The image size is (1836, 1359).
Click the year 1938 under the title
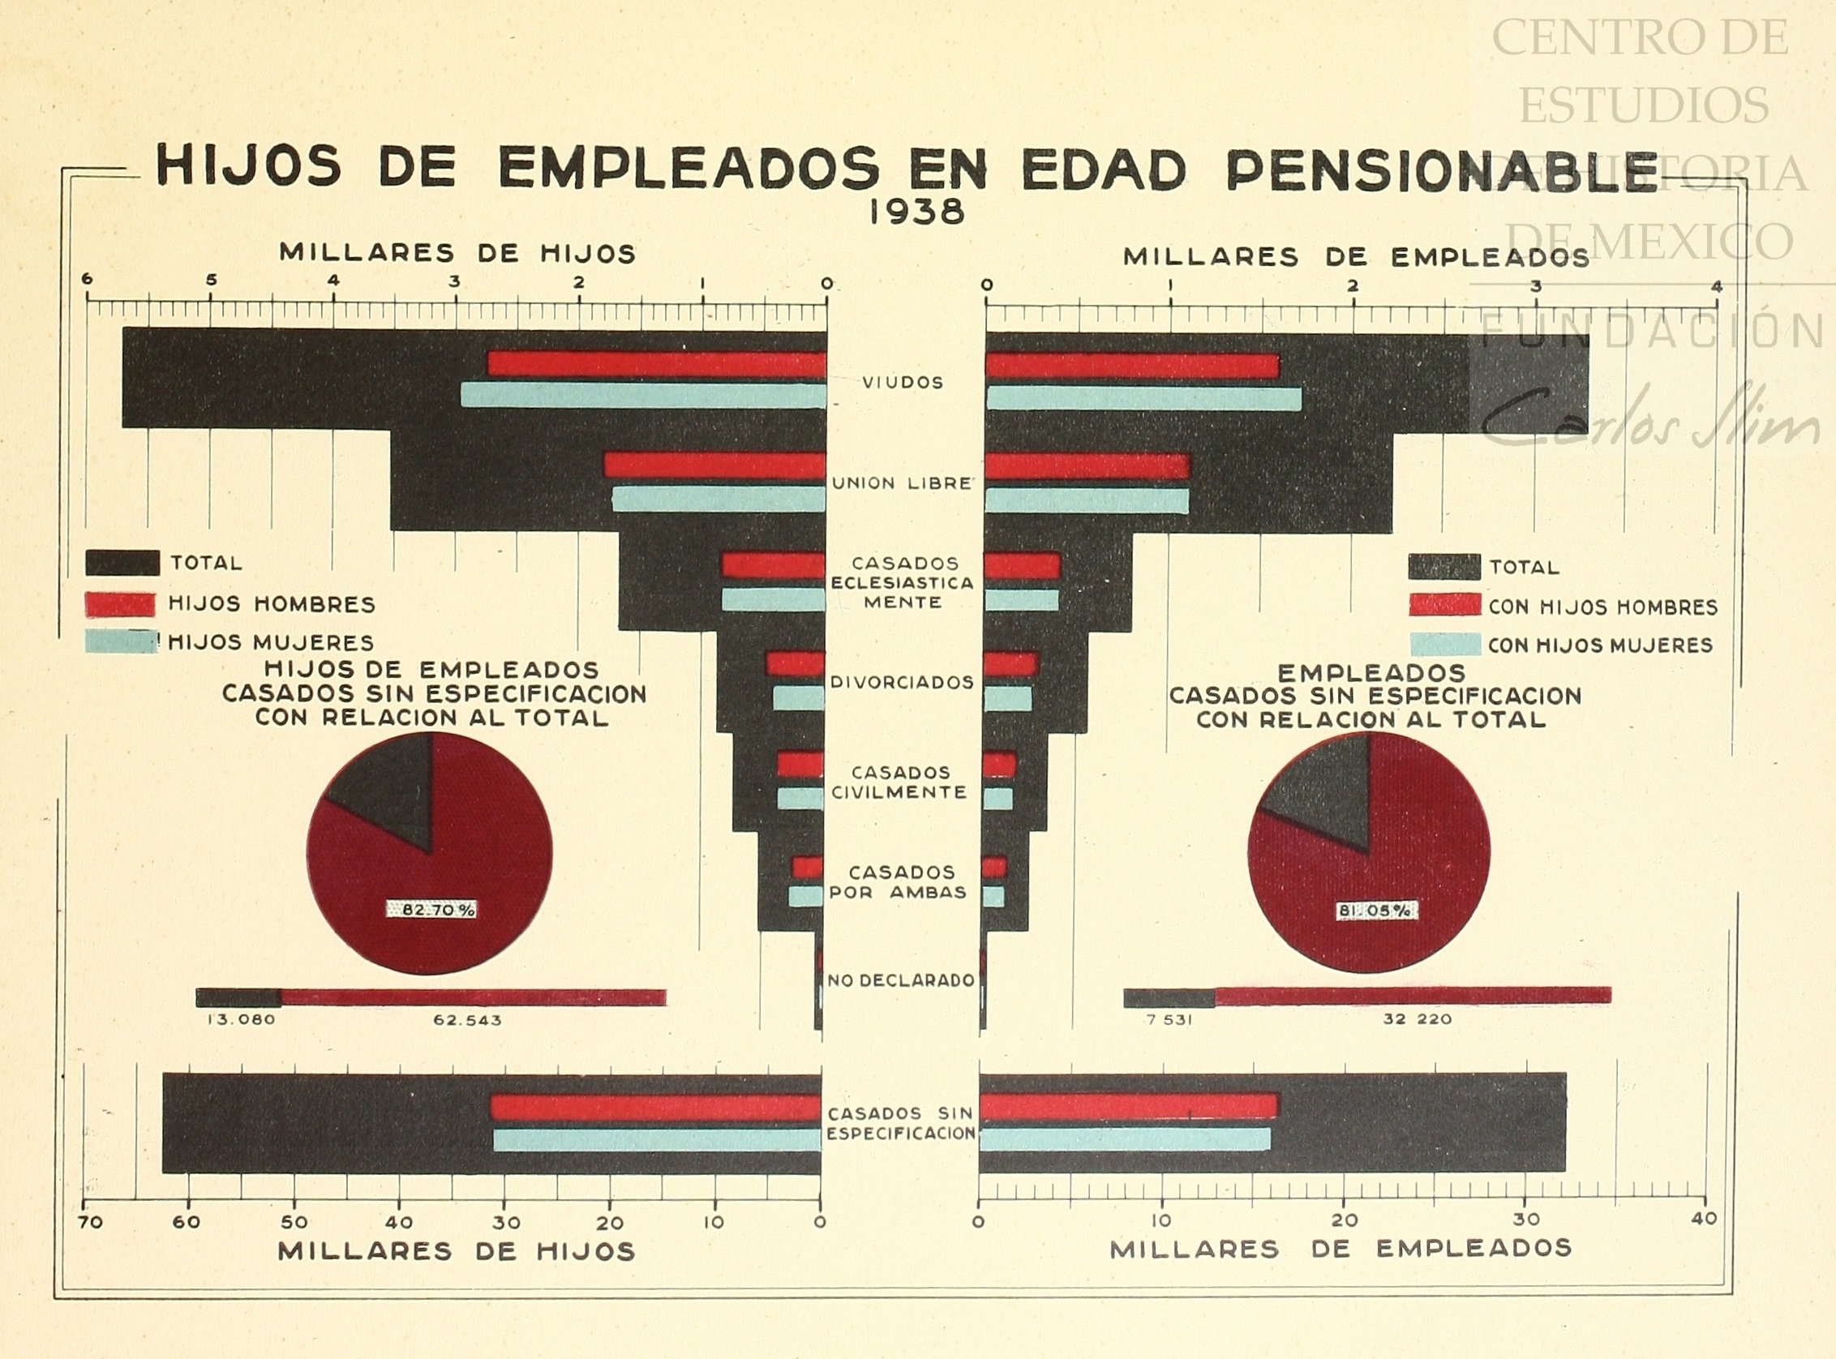pos(916,213)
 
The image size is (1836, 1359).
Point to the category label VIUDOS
pos(903,383)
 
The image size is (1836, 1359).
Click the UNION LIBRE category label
pos(903,484)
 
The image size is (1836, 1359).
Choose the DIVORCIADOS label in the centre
pos(903,682)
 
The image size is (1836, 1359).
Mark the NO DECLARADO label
pos(901,980)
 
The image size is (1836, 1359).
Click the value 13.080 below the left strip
pos(241,1020)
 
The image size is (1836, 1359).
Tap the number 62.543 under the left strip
pos(467,1020)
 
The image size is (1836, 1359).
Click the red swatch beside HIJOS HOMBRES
pos(120,605)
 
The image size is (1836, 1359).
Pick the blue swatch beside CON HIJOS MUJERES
pos(1445,644)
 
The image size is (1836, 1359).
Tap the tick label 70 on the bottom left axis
pos(91,1223)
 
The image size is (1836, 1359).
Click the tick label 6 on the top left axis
pos(88,280)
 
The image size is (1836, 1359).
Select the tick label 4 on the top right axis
pos(1716,286)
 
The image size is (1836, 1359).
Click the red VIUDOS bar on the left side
pos(656,363)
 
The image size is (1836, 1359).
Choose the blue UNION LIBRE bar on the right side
pos(1086,500)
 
